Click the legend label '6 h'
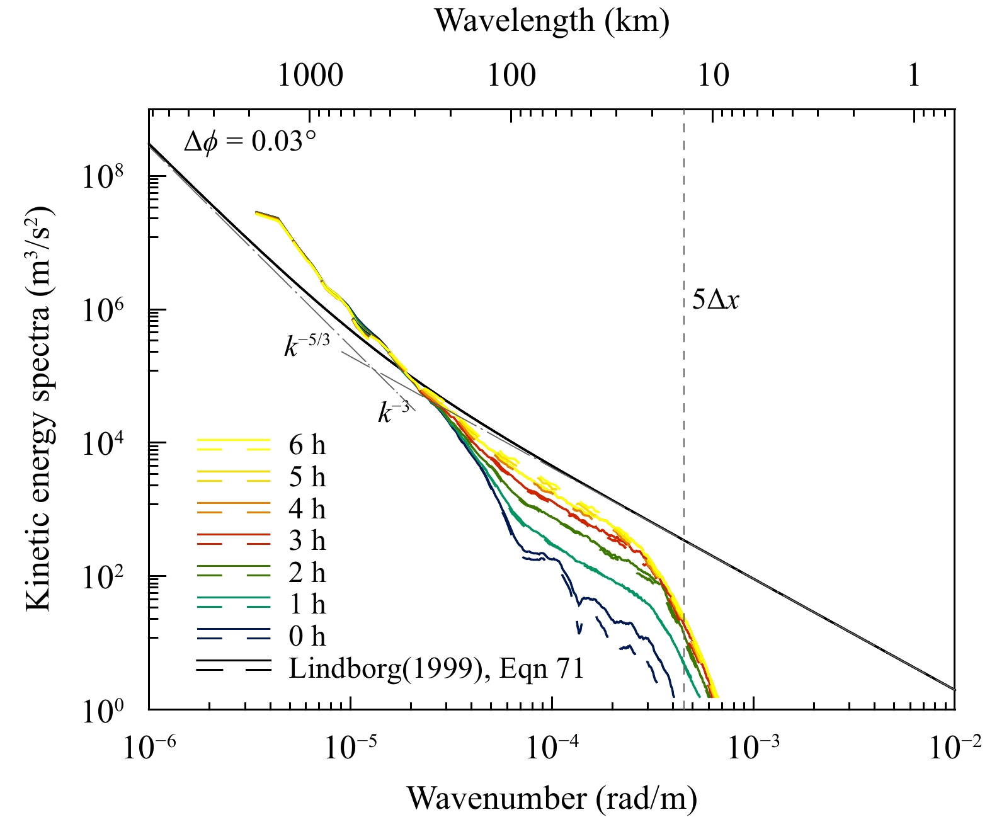point(307,445)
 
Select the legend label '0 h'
point(307,636)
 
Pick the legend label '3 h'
point(307,540)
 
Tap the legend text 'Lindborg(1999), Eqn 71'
point(436,668)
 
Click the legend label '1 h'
point(307,605)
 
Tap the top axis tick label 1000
point(310,76)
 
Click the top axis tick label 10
point(713,76)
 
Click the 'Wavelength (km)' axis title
point(552,21)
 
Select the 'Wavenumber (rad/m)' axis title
point(552,798)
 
